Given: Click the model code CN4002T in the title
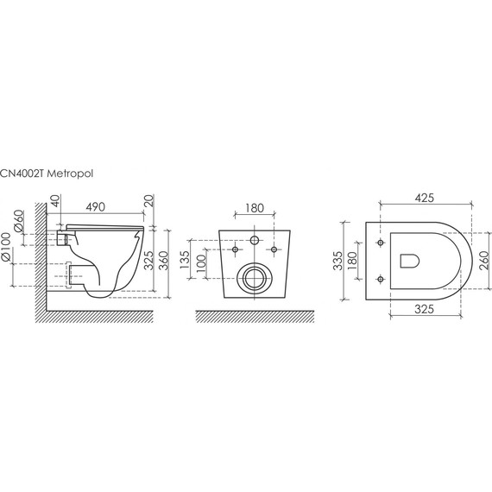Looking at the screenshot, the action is [x=22, y=173].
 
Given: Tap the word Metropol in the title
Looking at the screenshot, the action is [x=70, y=173].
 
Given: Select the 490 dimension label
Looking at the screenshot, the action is [x=96, y=207].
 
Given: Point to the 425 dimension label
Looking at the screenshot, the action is [x=424, y=198].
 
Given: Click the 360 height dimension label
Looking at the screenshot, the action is [x=164, y=261].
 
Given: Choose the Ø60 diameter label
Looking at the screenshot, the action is [x=18, y=221].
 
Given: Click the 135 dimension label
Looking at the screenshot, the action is [x=185, y=260].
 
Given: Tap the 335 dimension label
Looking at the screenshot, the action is [x=338, y=261].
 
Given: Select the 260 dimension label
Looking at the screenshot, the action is [x=484, y=261].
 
